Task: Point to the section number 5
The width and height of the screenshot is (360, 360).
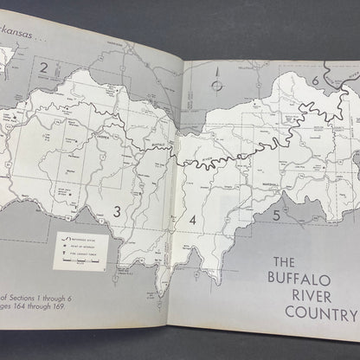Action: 275,215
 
